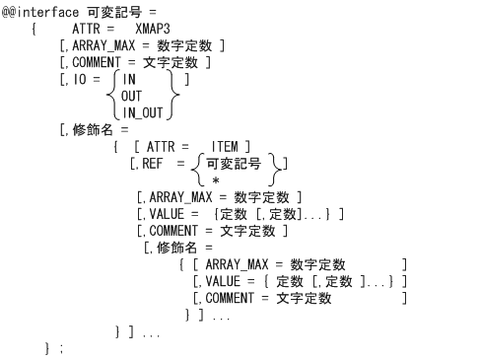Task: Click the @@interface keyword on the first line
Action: (x=40, y=10)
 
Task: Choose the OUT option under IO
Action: (x=136, y=96)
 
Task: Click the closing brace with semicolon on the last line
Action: (x=54, y=348)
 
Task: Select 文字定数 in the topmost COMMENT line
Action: (x=185, y=62)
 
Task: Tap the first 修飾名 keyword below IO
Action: (x=92, y=128)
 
